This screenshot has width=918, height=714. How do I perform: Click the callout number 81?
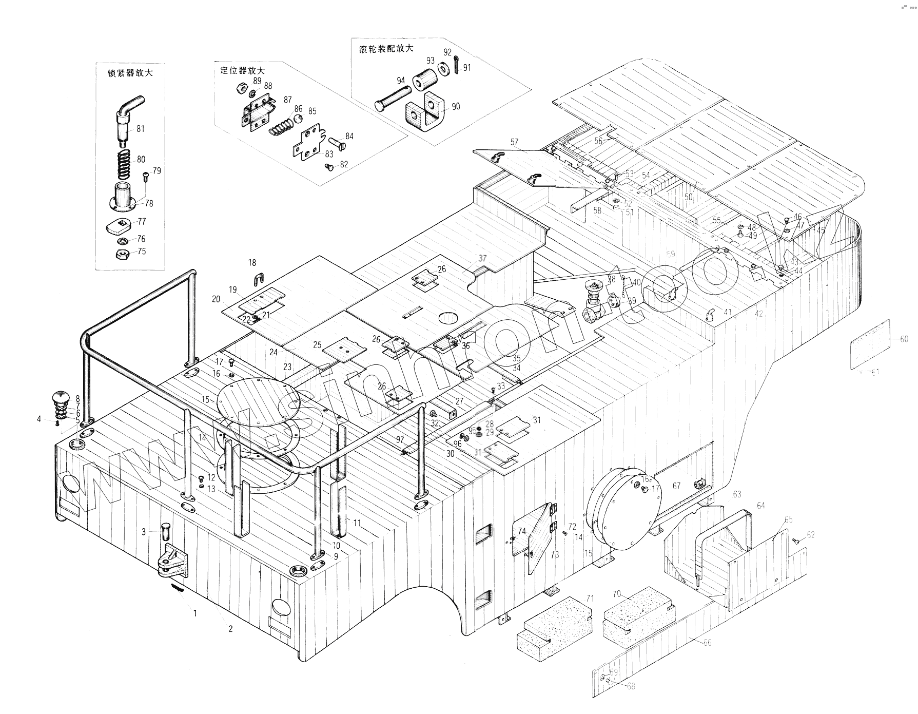point(140,128)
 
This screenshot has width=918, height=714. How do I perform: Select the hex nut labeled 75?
point(122,253)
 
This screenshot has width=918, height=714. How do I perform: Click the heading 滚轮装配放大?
point(386,49)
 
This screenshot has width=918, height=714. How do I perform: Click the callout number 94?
point(400,80)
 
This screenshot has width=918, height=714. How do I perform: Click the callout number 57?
point(514,142)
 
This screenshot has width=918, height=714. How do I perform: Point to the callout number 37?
point(482,258)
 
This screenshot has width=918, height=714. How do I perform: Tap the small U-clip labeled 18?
point(258,280)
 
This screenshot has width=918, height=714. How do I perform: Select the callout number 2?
point(230,629)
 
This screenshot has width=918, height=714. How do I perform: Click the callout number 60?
point(904,339)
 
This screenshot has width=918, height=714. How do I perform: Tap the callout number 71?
point(590,599)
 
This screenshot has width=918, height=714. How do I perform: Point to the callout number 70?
point(617,594)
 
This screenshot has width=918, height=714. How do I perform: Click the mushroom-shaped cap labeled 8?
point(62,399)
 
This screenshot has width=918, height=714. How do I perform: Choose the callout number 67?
point(676,486)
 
